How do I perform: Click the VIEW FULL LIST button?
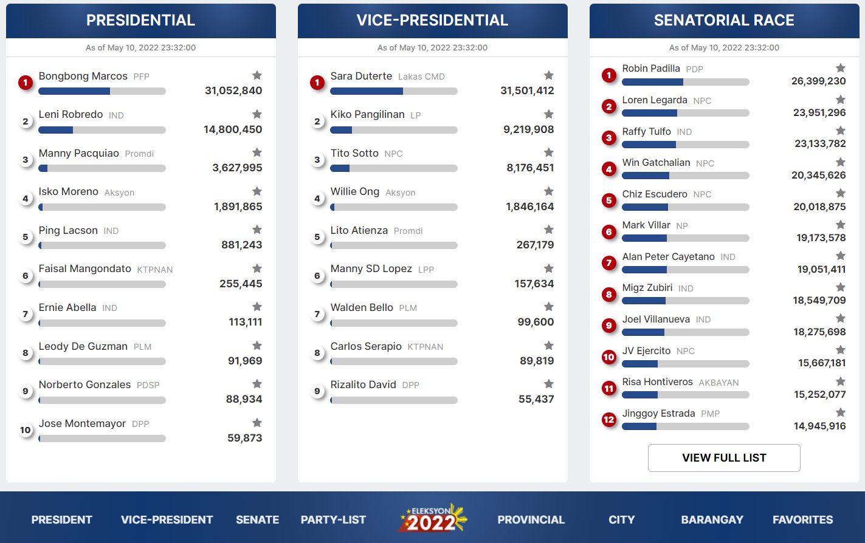coord(723,458)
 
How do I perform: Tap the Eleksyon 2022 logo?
coord(432,519)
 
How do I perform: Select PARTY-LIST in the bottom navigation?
coord(333,520)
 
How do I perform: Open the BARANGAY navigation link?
coord(712,520)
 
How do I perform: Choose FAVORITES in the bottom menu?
coord(802,520)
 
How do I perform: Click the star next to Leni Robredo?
coord(257,114)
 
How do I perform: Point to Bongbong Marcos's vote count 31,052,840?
coord(233,91)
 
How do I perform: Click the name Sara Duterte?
coord(361,77)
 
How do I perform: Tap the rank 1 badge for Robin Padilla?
coord(609,75)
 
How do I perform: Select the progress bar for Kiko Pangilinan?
coord(393,130)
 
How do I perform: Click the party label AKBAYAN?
coord(719,383)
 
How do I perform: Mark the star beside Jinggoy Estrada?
coord(841,412)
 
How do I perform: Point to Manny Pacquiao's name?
coord(79,154)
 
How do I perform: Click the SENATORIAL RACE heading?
coord(724,21)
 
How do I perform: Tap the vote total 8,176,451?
coord(530,168)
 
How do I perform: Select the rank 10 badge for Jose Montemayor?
coord(26,431)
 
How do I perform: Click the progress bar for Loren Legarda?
coord(685,113)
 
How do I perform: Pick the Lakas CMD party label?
coord(421,77)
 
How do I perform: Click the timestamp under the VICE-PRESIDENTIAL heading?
coord(432,47)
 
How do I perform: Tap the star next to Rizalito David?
coord(549,384)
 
